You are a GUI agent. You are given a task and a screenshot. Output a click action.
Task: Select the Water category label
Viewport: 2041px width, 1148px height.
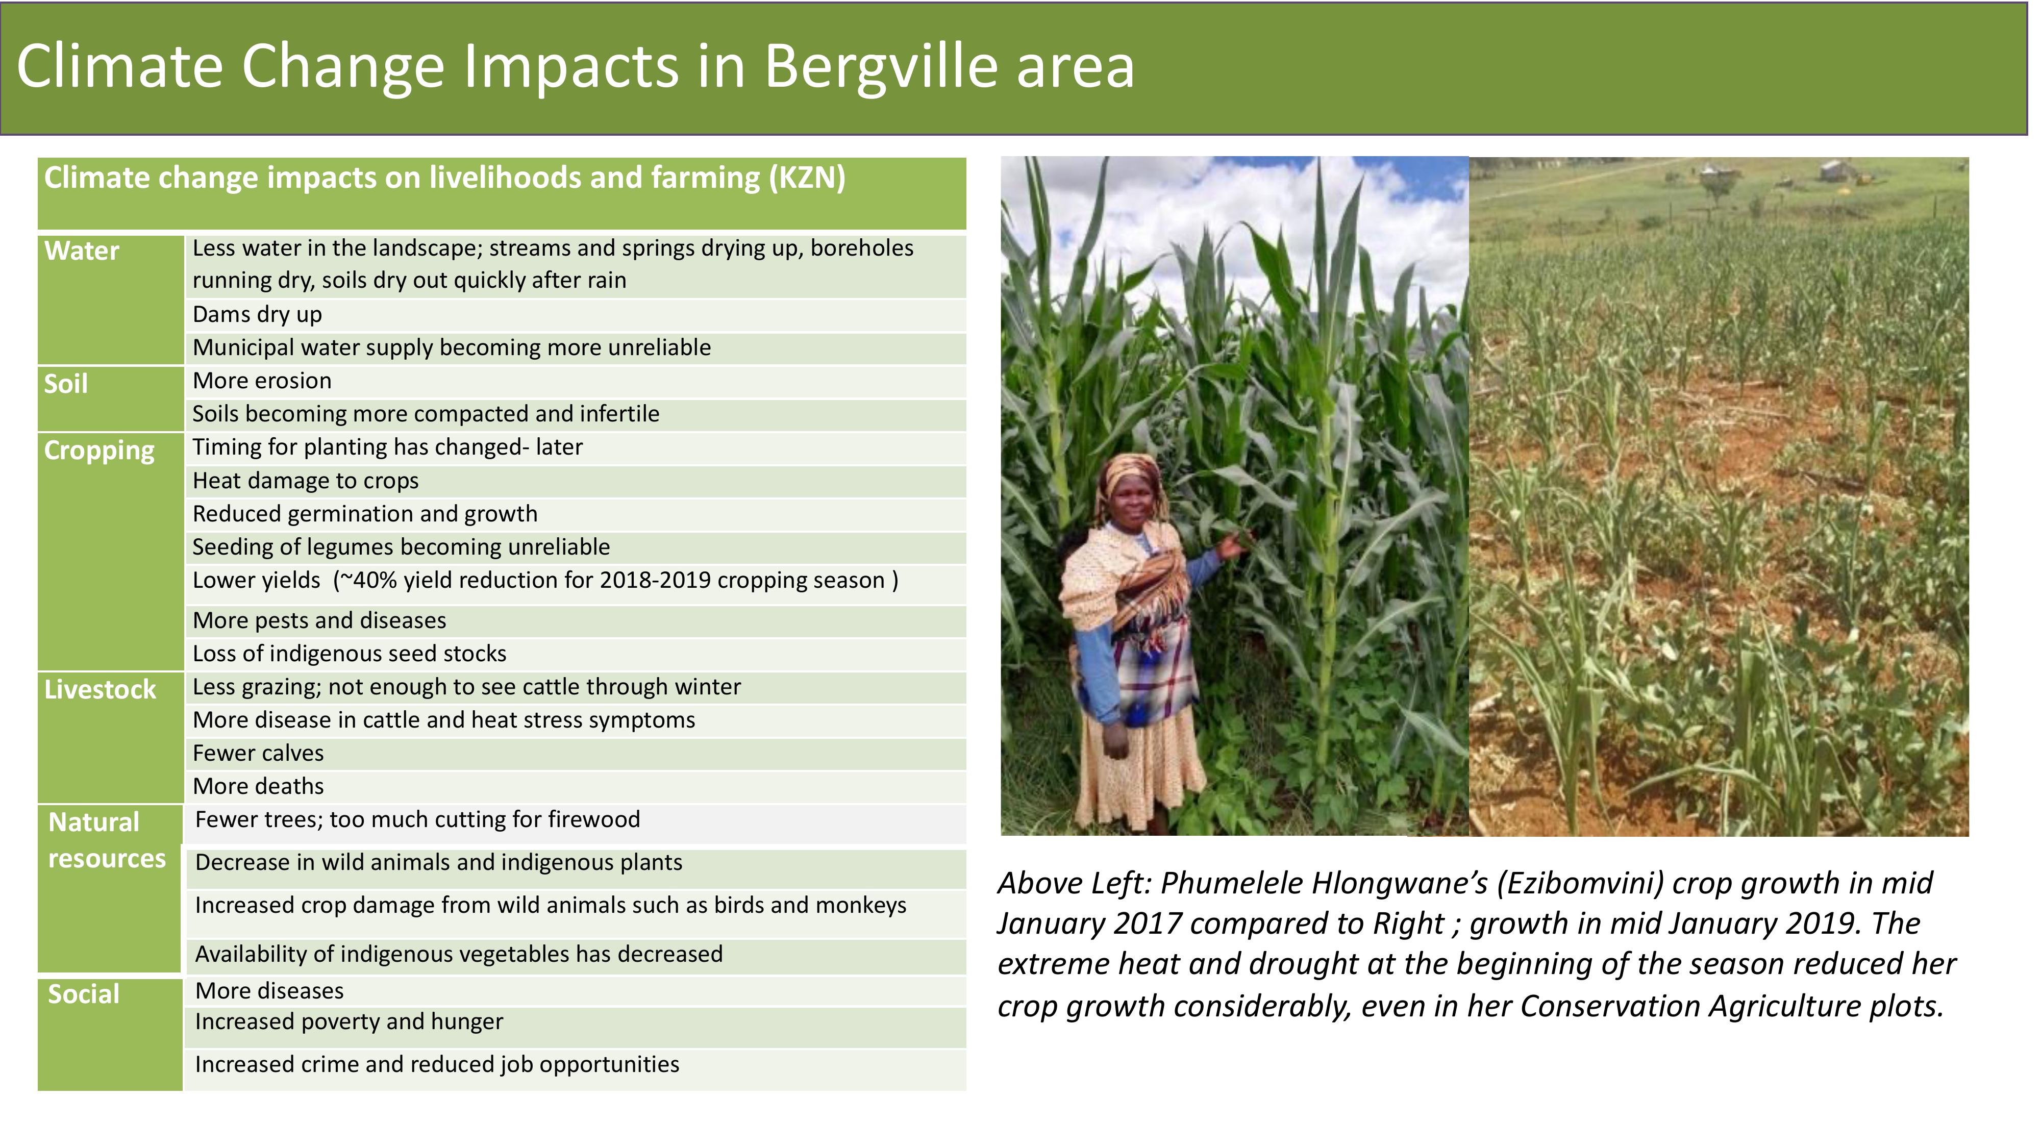[82, 251]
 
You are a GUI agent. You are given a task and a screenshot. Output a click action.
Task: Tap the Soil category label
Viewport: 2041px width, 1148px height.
[66, 384]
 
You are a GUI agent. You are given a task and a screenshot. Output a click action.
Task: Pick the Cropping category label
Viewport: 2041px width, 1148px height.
[99, 452]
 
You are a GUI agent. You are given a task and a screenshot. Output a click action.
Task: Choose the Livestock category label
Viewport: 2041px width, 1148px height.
[100, 690]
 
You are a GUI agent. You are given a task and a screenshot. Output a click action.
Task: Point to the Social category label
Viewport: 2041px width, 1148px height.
[84, 994]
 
